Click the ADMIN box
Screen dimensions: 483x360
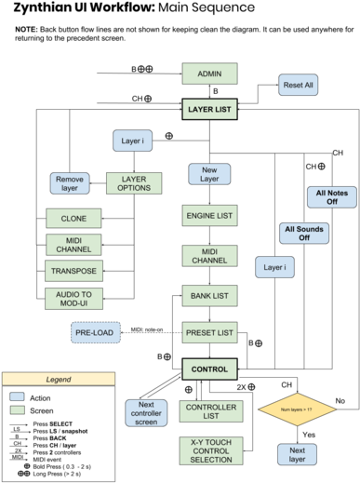click(209, 74)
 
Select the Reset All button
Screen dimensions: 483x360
click(298, 85)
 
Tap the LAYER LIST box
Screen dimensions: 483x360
click(209, 109)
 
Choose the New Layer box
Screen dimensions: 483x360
click(209, 174)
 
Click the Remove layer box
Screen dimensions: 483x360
click(70, 183)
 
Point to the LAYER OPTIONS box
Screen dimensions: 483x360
click(133, 183)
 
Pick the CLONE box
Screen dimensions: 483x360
click(73, 219)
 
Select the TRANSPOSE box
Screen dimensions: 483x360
click(73, 271)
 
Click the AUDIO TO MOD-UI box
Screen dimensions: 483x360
click(73, 299)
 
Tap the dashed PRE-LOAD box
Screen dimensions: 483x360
click(96, 332)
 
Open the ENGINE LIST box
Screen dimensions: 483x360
click(209, 216)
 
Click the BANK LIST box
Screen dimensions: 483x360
click(209, 296)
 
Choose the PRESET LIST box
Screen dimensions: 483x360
click(209, 332)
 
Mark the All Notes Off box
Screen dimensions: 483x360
click(331, 197)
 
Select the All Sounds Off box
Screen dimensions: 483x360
click(304, 233)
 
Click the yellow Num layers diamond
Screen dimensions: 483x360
click(297, 409)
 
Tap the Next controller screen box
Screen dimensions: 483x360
click(146, 412)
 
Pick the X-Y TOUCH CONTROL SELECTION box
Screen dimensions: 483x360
click(210, 450)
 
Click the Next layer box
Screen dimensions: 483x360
click(297, 454)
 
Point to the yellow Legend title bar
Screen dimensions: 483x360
click(59, 379)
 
